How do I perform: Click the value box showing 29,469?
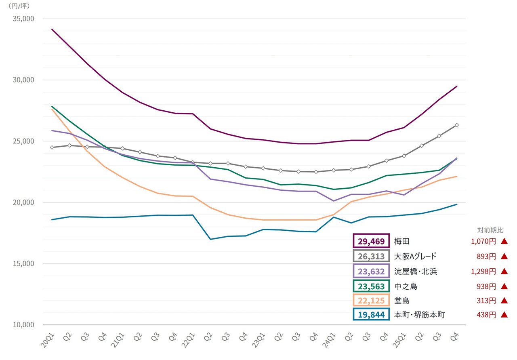point(371,241)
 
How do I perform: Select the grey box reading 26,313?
point(371,256)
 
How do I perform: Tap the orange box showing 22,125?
point(371,301)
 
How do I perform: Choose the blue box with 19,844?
point(371,314)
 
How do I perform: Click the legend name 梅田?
point(402,241)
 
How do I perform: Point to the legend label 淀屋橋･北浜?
point(416,272)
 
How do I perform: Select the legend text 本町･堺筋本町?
point(419,314)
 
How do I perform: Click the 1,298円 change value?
point(483,272)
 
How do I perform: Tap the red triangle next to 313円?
point(504,301)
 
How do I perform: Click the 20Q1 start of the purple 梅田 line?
point(52,29)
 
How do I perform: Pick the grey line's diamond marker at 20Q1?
point(52,147)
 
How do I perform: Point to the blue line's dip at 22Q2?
point(210,239)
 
